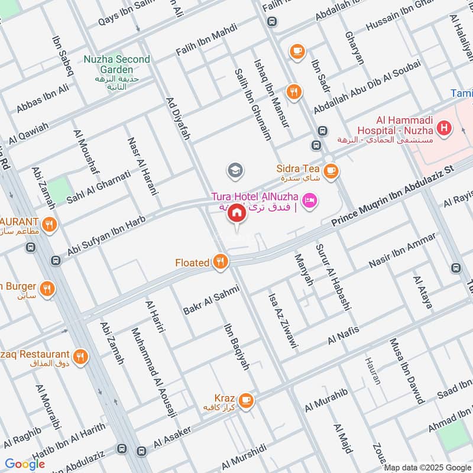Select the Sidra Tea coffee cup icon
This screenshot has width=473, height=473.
(331, 170)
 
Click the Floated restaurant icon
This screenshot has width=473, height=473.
(221, 262)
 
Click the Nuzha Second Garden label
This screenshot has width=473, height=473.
(116, 64)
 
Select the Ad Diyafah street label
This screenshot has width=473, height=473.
(178, 118)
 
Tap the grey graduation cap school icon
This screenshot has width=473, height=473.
(235, 171)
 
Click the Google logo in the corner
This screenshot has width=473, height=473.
(25, 464)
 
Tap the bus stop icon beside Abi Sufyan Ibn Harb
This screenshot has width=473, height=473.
(56, 260)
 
